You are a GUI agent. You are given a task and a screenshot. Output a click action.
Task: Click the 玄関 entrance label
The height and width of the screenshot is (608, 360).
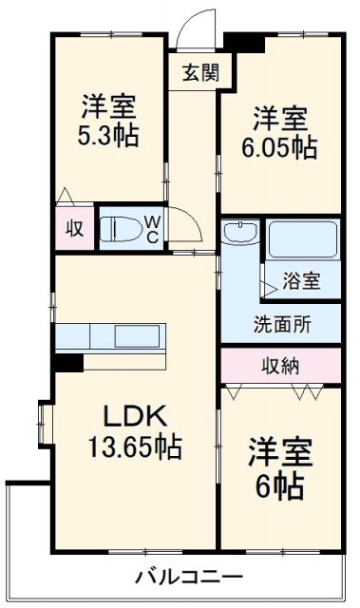pyautogui.click(x=200, y=71)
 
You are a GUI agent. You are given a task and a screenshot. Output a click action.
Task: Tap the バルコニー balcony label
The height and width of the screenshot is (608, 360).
pyautogui.click(x=187, y=577)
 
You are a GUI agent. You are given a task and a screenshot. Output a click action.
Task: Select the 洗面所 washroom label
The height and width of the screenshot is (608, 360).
pyautogui.click(x=281, y=323)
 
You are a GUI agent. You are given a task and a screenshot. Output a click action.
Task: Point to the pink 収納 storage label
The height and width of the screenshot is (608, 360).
pyautogui.click(x=280, y=364)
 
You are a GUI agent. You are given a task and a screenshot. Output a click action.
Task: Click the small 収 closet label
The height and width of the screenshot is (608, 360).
pyautogui.click(x=73, y=228)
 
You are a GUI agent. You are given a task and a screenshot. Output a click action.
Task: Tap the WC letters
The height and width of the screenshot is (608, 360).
pyautogui.click(x=151, y=228)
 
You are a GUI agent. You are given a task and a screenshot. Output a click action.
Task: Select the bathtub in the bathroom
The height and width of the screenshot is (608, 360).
pyautogui.click(x=301, y=238)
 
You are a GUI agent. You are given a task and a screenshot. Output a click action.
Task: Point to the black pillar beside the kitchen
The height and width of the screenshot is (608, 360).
pyautogui.click(x=67, y=361)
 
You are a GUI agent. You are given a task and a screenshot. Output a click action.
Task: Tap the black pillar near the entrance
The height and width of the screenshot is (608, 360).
pyautogui.click(x=245, y=43)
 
